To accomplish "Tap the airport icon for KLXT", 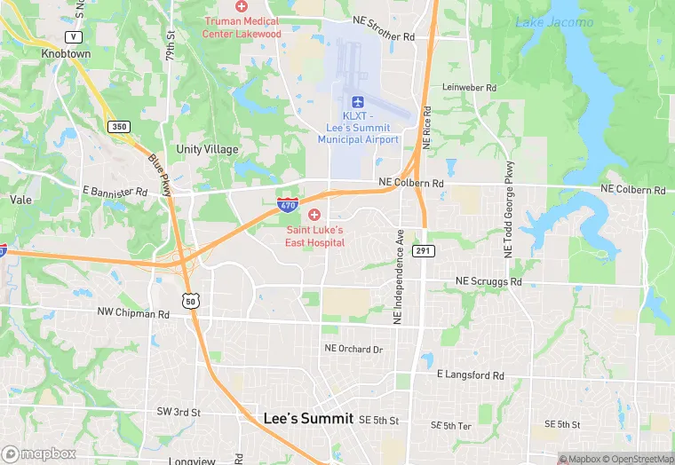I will pos(358,103).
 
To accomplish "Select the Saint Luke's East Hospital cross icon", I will pos(314,216).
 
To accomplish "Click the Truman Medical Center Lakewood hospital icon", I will pos(241,6).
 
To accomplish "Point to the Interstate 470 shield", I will pos(287,205).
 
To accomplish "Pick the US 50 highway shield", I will pos(192,301).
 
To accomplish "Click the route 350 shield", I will pos(119,127).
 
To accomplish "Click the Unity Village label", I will pos(207,149).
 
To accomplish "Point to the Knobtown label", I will pos(66,53).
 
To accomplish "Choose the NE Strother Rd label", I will pos(385,37).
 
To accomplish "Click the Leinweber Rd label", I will pos(469,88).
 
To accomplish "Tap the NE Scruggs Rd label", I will pos(488,281).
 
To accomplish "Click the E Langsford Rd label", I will pos(471,375).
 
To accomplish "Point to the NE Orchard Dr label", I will pos(353,349).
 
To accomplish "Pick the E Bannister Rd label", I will pos(115,192).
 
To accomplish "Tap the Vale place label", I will pos(20,200).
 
